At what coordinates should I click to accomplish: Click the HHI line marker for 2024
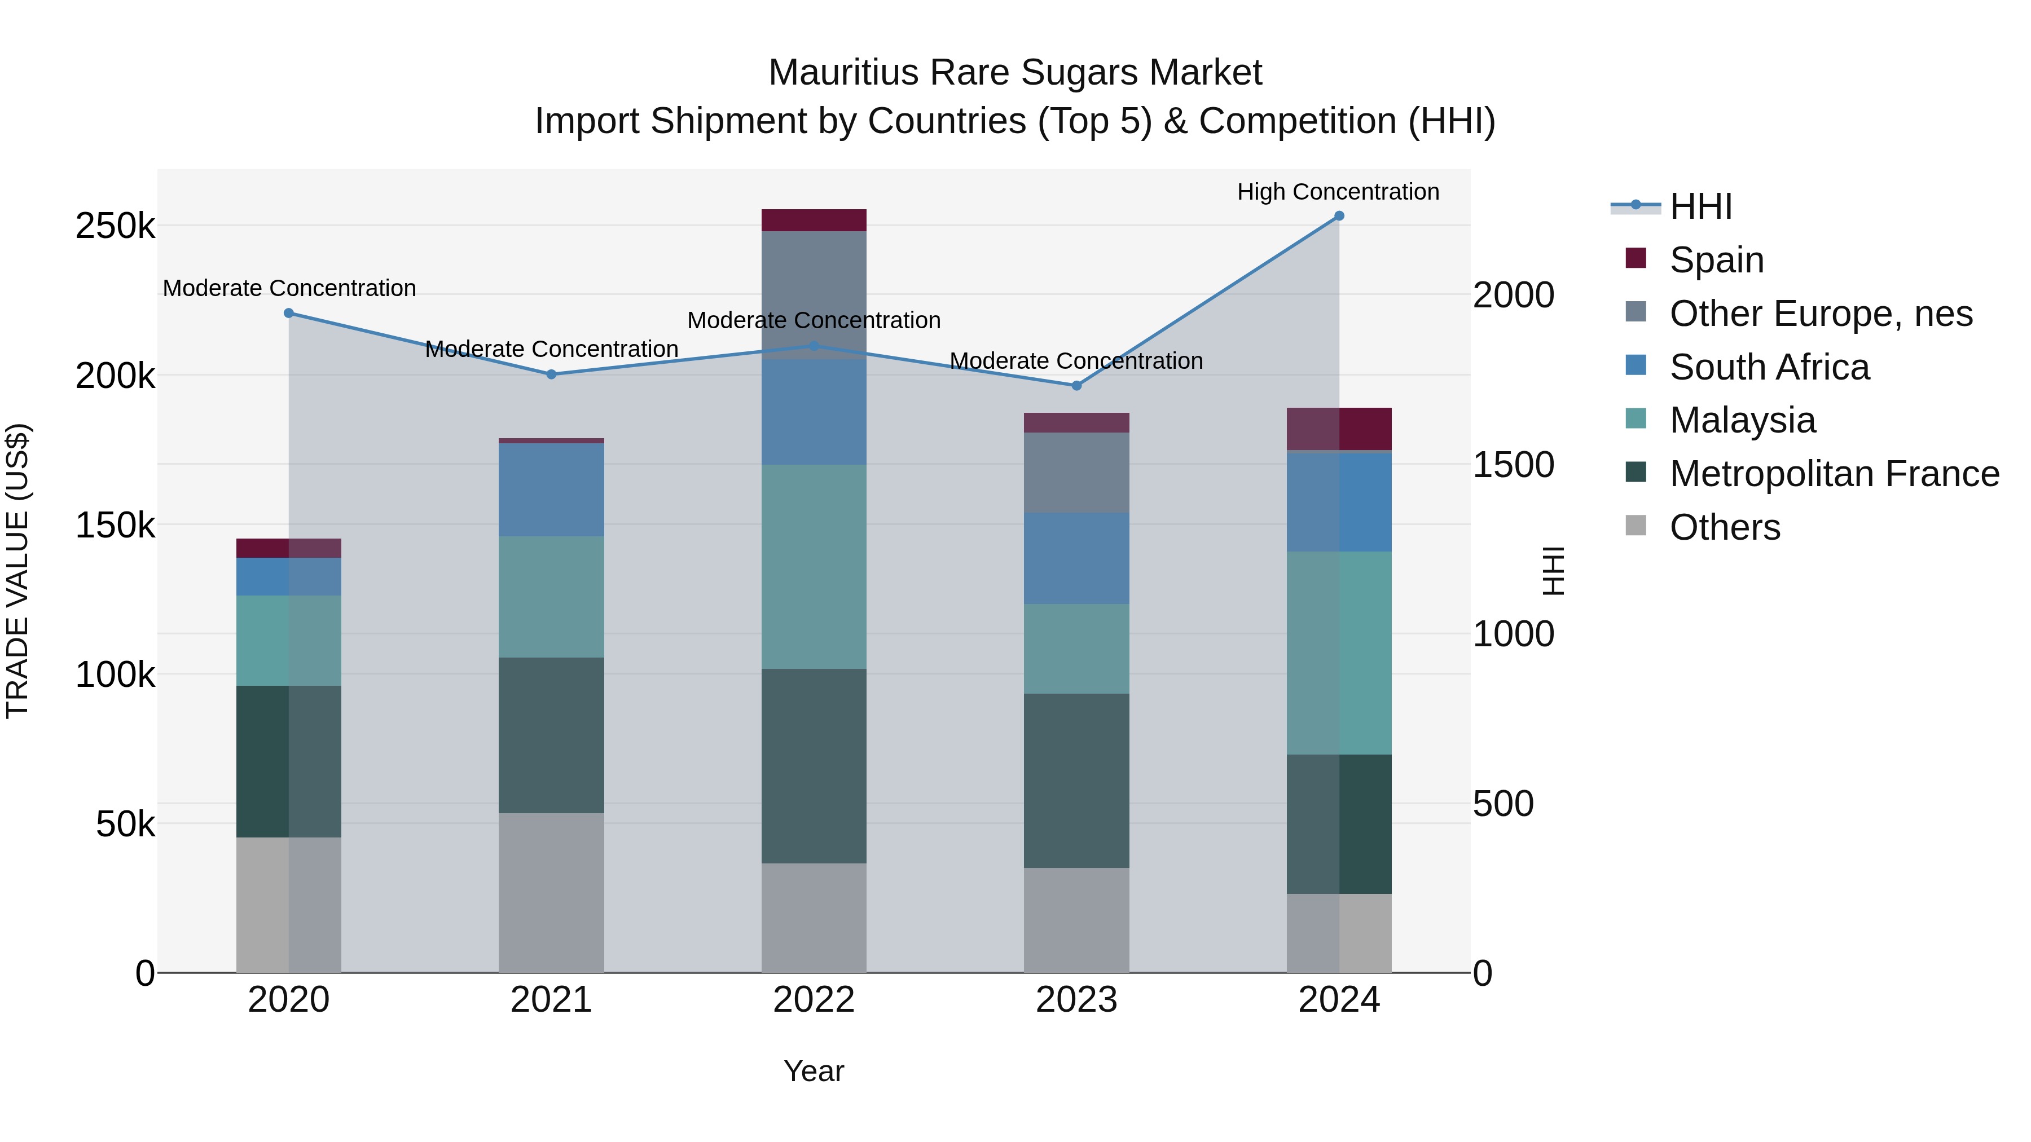(1339, 216)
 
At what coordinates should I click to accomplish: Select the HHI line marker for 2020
(288, 313)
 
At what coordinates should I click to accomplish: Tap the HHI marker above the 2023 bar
(1076, 385)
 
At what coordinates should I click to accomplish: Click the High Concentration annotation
(1338, 192)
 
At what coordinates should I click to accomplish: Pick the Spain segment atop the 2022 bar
(814, 220)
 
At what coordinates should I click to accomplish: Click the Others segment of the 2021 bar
(551, 892)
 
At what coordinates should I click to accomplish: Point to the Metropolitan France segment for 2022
(814, 765)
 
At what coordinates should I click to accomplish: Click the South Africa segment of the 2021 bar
(551, 490)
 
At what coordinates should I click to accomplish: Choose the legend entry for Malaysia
(1743, 420)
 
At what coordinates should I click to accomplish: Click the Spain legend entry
(1716, 259)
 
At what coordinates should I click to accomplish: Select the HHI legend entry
(1700, 206)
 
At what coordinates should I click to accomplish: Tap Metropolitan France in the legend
(1834, 474)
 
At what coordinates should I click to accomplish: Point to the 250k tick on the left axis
(115, 226)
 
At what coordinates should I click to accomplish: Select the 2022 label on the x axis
(814, 1000)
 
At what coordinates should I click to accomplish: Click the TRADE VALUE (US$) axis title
(18, 571)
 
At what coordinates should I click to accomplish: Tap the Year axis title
(814, 1071)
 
